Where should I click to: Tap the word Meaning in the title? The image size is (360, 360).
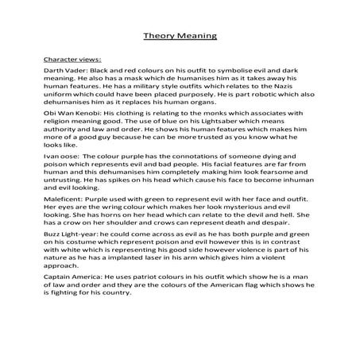(x=196, y=36)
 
